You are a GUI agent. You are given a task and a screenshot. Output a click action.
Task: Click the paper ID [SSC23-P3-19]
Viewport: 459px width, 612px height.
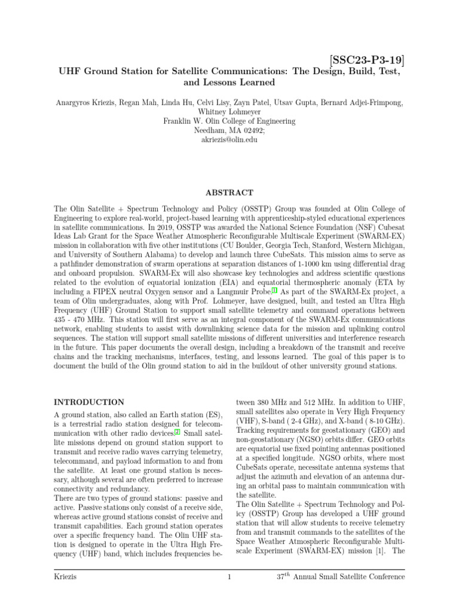click(367, 60)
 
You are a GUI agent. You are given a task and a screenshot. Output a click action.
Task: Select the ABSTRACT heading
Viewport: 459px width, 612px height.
click(229, 192)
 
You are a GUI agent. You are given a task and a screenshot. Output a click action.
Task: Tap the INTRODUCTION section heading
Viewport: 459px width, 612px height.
click(89, 402)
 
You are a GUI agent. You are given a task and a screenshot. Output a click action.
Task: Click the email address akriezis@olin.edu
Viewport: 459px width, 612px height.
click(229, 140)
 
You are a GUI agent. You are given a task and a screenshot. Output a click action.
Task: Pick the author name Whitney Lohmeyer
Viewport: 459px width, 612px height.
click(229, 111)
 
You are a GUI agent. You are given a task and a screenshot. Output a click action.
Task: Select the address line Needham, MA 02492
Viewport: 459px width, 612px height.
click(228, 130)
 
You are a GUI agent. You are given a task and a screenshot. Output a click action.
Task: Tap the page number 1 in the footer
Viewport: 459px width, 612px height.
click(229, 577)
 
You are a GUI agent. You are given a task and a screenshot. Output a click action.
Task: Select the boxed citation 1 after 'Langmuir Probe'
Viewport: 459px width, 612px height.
click(274, 289)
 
